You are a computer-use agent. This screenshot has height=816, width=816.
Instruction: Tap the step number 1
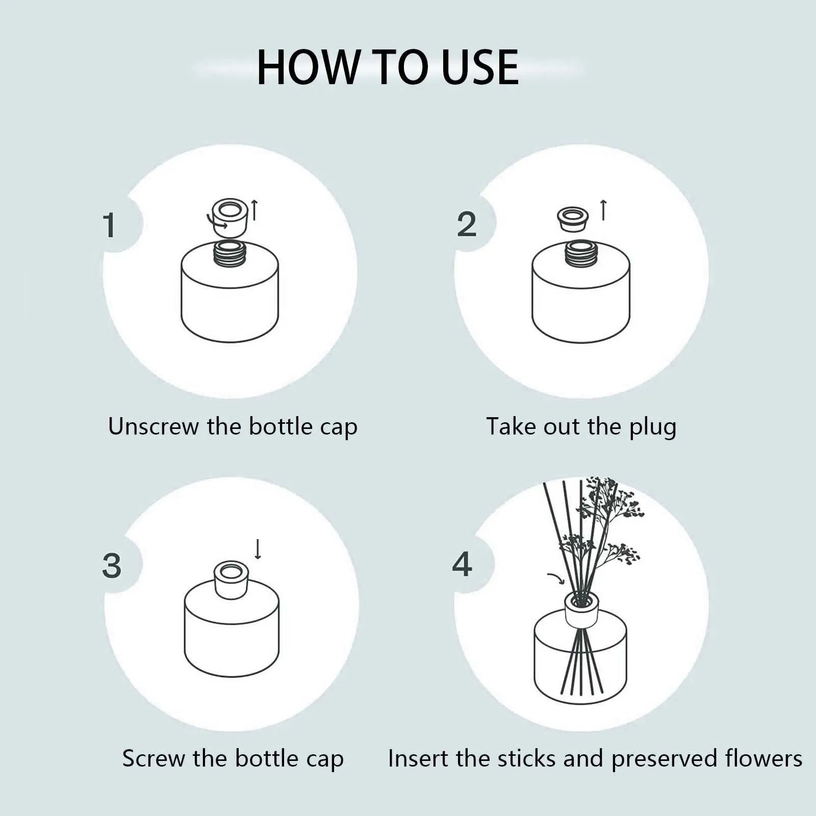coord(109,225)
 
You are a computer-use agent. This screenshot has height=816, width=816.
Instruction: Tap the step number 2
coord(467,225)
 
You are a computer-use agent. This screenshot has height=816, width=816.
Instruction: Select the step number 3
coord(112,566)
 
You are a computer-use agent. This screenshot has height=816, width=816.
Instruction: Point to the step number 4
coord(462,565)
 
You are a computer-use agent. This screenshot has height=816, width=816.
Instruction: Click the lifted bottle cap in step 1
coord(230,217)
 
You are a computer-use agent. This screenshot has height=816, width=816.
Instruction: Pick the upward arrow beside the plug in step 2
coord(603,210)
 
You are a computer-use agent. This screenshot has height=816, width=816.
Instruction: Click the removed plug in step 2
coord(572,219)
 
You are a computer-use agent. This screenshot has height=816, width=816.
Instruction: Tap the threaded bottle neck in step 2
coord(581,252)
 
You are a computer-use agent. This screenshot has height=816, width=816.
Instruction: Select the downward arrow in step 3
coord(258,549)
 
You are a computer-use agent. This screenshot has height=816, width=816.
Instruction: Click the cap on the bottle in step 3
coord(231,580)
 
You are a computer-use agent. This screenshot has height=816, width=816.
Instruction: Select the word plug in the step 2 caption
coord(652,427)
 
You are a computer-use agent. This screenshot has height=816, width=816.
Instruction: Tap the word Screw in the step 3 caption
coord(154,758)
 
